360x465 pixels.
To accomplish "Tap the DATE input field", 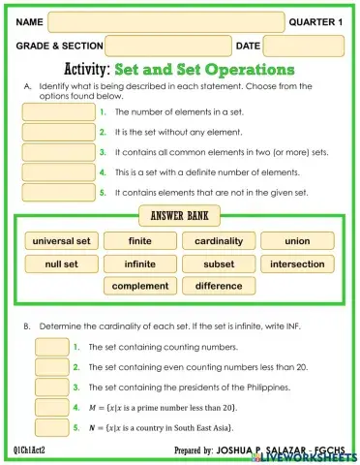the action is pyautogui.click(x=303, y=46).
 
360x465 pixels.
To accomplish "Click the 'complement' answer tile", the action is pyautogui.click(x=140, y=286).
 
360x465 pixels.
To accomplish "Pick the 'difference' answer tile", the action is pyautogui.click(x=218, y=286).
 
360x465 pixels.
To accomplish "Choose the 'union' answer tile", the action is pyautogui.click(x=297, y=241).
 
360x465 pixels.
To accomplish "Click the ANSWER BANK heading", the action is pyautogui.click(x=180, y=215).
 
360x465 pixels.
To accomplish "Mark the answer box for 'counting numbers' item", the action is pyautogui.click(x=50, y=346).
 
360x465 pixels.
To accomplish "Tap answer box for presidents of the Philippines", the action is pyautogui.click(x=50, y=387).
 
